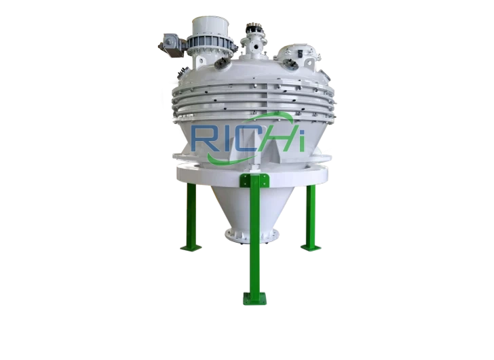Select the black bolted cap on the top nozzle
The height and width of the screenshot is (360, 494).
256,29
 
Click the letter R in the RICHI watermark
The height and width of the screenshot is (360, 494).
204,138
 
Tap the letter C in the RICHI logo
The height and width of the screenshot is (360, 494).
242,138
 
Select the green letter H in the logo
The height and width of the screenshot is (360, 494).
280,138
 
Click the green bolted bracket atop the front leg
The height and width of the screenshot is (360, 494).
254,180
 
